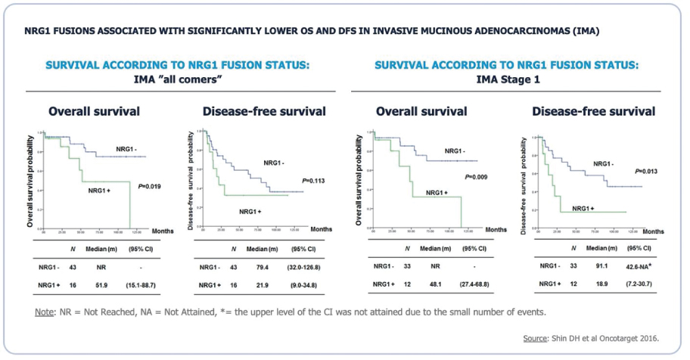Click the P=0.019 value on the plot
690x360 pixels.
pyautogui.click(x=148, y=185)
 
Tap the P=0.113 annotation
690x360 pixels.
pyautogui.click(x=313, y=181)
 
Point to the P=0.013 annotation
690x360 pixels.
pyautogui.click(x=647, y=172)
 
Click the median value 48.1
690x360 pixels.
pyautogui.click(x=436, y=284)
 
